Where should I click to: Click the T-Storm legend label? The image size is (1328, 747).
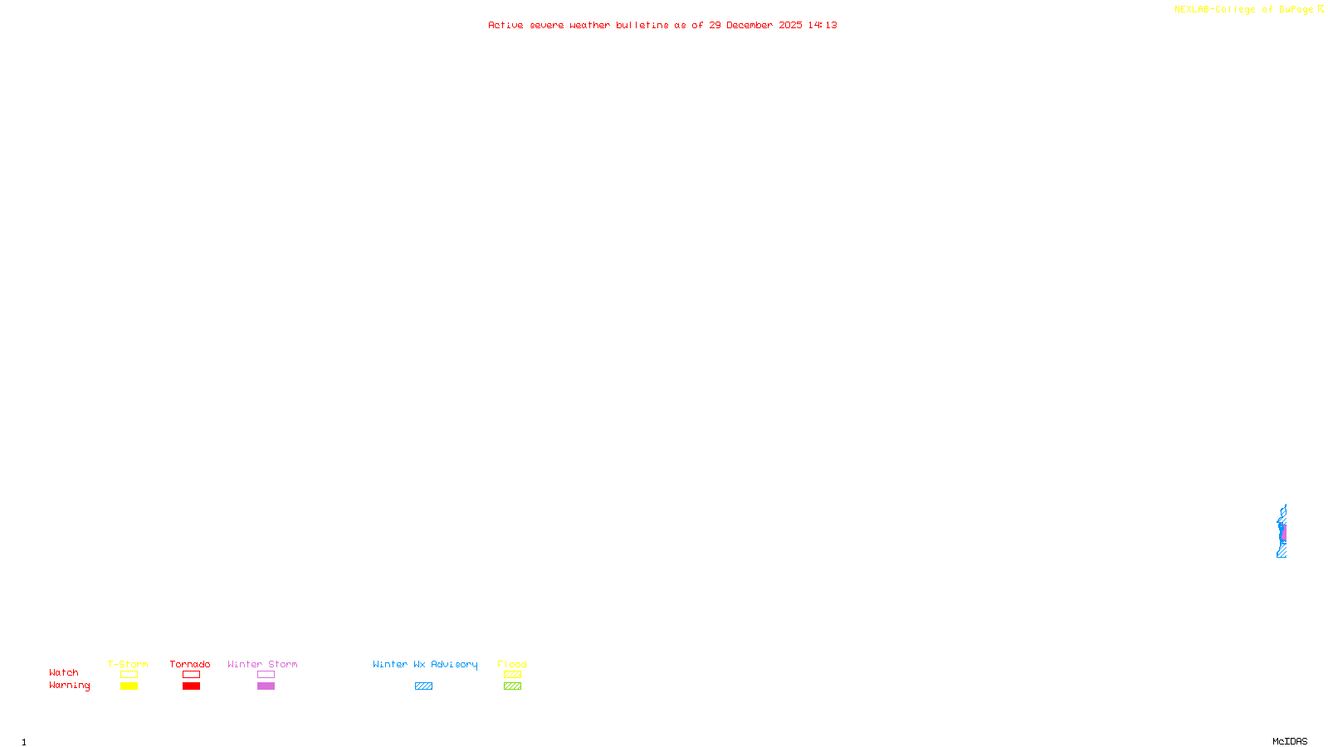click(128, 664)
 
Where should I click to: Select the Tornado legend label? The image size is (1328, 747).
click(190, 664)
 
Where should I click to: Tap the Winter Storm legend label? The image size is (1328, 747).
click(262, 664)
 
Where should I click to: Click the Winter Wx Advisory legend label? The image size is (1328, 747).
click(425, 664)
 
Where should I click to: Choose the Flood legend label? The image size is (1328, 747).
click(512, 664)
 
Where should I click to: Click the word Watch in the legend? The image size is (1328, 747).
click(64, 672)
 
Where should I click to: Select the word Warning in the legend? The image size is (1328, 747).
click(69, 686)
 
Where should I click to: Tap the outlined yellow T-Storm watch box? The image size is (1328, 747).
click(129, 675)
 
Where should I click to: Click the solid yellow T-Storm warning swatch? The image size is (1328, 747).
click(129, 686)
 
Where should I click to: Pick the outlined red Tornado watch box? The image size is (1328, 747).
click(191, 675)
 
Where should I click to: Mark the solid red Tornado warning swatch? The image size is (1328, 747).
click(191, 686)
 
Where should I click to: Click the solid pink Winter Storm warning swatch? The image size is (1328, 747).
click(266, 686)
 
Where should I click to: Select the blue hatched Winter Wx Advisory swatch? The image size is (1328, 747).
click(423, 686)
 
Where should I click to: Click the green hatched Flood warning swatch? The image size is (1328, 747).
click(512, 686)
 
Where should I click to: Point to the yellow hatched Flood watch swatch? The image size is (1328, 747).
click(512, 675)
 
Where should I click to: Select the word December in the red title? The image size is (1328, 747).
click(749, 25)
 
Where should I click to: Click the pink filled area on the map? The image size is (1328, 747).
click(1283, 533)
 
